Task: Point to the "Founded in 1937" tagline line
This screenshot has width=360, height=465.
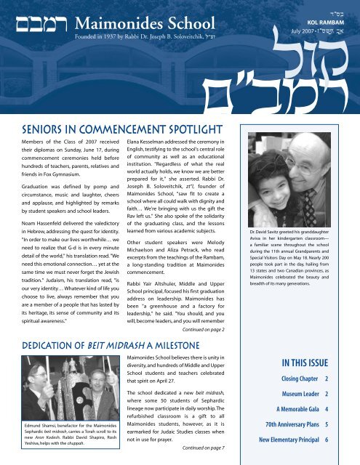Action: (156, 32)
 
